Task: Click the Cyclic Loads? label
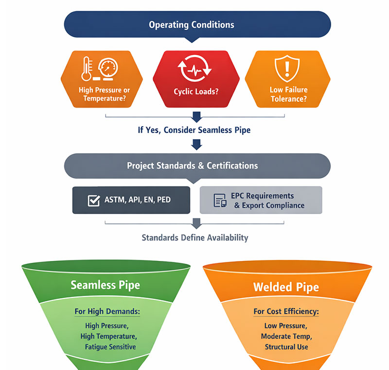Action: tap(196, 91)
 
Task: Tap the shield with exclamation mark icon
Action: tap(288, 69)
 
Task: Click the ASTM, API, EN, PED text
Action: tap(138, 200)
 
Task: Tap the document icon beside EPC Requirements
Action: tap(220, 201)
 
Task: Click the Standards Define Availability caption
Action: tap(195, 238)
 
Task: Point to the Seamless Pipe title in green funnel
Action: tap(106, 284)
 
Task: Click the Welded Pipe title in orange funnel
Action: tap(286, 286)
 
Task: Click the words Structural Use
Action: tap(286, 347)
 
